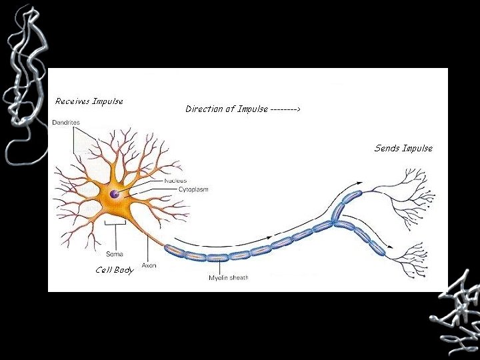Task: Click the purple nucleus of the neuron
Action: tap(115, 194)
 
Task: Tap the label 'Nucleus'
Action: tap(175, 181)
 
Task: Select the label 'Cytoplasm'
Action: tap(193, 189)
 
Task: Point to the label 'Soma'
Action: tap(114, 253)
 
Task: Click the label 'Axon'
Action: tap(149, 265)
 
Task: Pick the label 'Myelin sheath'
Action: tap(228, 277)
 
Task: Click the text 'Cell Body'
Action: tap(114, 270)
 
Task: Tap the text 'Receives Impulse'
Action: tap(89, 101)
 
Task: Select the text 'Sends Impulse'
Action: tap(403, 148)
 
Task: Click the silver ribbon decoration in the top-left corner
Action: tap(24, 80)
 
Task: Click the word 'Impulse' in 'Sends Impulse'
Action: tap(417, 148)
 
